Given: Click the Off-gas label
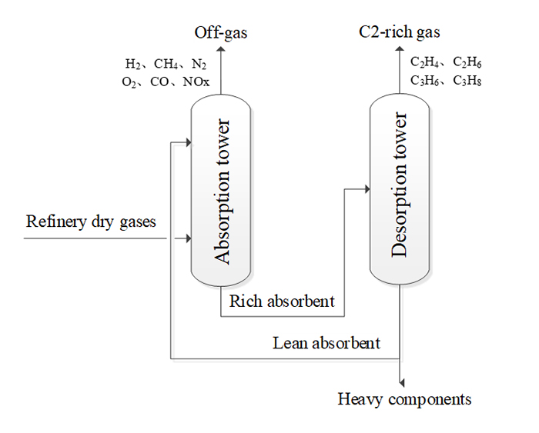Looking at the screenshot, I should point(221,32).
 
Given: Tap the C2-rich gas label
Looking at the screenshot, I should point(400,32).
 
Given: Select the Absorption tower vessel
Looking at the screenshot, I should point(221,192).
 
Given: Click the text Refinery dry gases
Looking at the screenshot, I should point(92,222).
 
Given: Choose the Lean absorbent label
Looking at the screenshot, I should point(327,342).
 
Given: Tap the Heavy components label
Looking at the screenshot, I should point(405,399).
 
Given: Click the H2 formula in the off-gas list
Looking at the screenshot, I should point(133,63).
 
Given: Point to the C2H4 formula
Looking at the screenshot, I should point(422,63).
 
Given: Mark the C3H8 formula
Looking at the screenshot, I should point(467,80).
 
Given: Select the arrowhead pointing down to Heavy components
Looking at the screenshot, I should point(400,382).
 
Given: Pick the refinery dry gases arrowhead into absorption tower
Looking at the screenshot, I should point(186,239).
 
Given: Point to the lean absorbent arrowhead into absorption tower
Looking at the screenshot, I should point(186,142).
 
